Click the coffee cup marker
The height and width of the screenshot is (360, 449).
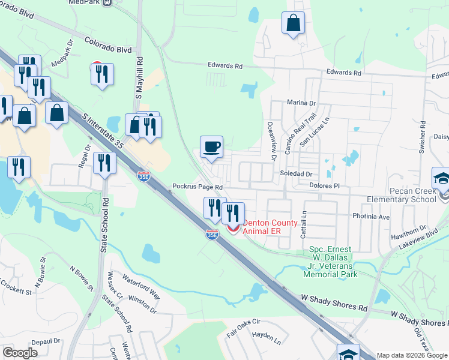click(211, 148)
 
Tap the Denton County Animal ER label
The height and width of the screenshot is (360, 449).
click(270, 227)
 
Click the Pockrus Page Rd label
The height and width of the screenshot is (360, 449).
click(197, 187)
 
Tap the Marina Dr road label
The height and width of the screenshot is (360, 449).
click(301, 103)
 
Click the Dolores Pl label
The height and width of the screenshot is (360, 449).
click(325, 186)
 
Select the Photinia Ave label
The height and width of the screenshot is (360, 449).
click(375, 217)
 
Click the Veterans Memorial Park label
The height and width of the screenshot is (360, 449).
click(333, 262)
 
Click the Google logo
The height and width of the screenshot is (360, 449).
click(20, 353)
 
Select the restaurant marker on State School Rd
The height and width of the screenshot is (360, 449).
click(104, 163)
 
